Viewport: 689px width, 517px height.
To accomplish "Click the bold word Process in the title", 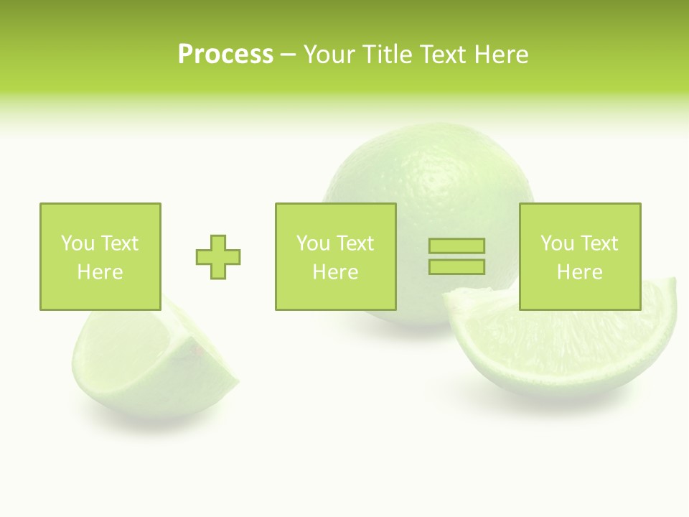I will (225, 55).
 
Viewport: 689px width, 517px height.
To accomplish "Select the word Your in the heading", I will (328, 55).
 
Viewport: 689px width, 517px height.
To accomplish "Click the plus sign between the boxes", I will (218, 256).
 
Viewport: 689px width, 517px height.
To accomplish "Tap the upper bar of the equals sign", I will (456, 246).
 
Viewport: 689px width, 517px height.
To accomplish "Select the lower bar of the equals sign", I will (456, 266).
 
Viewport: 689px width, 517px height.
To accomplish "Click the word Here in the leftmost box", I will (100, 272).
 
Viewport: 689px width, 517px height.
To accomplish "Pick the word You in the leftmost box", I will (78, 243).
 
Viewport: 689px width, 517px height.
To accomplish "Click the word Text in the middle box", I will (355, 243).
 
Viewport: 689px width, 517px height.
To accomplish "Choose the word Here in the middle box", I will (335, 272).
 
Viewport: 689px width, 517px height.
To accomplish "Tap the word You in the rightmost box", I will (557, 243).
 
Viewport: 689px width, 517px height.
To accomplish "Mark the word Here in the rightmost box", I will (579, 272).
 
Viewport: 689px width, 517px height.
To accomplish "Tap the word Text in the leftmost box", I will (120, 243).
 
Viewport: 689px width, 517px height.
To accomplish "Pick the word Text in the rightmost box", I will (599, 243).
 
